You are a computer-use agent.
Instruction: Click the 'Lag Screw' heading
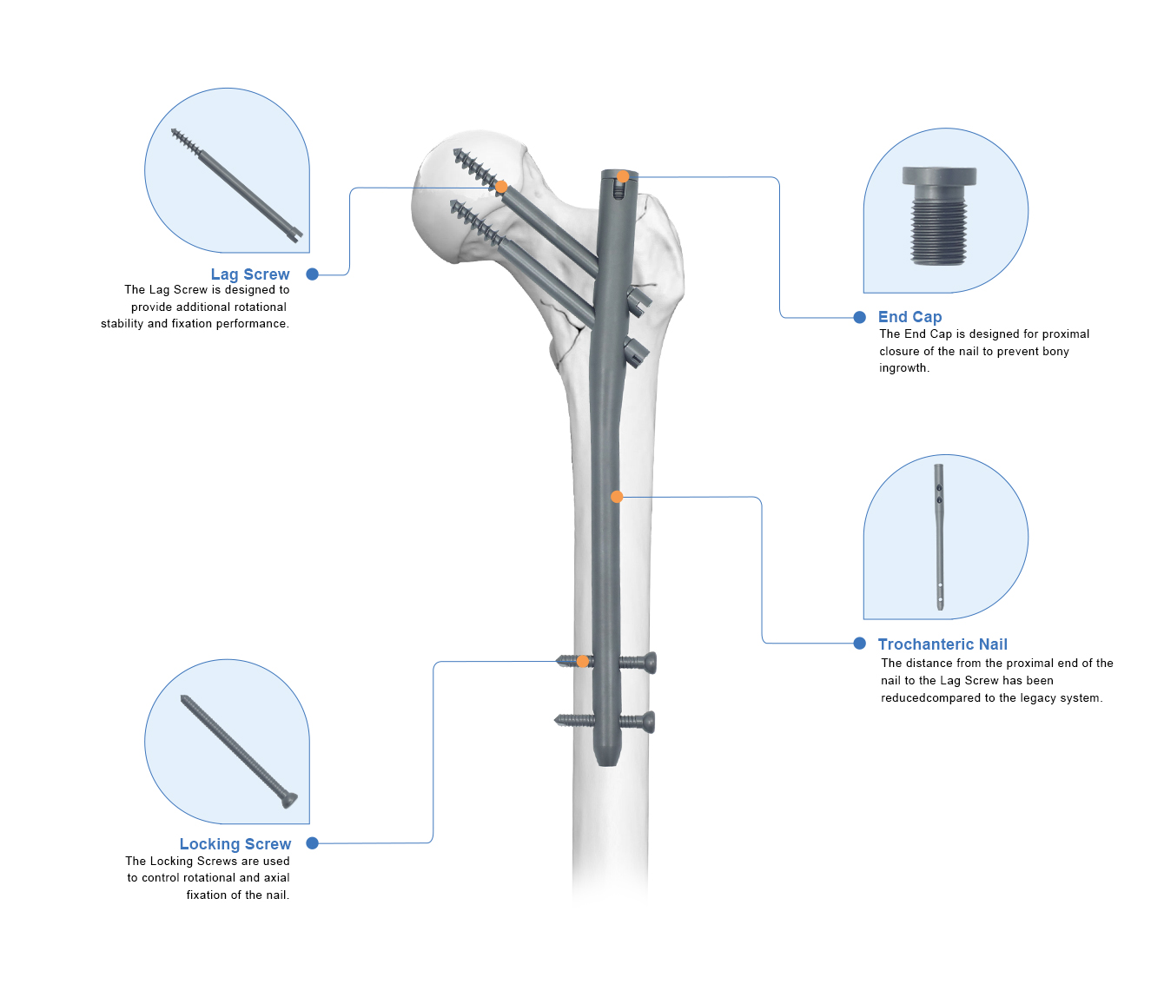pyautogui.click(x=250, y=274)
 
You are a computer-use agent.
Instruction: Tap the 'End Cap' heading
pyautogui.click(x=909, y=317)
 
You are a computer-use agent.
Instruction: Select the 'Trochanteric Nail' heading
pyautogui.click(x=942, y=644)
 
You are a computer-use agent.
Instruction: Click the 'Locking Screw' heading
pyautogui.click(x=235, y=843)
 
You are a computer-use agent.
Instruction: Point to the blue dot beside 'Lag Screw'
pyautogui.click(x=312, y=274)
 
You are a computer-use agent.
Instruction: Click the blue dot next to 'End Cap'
pyautogui.click(x=859, y=317)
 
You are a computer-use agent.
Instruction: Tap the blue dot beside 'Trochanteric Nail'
pyautogui.click(x=859, y=643)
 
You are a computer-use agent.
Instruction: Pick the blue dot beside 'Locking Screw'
pyautogui.click(x=312, y=843)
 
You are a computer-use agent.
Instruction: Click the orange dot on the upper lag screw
pyautogui.click(x=500, y=187)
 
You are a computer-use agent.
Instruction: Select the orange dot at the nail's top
pyautogui.click(x=622, y=177)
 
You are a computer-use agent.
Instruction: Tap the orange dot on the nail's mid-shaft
pyautogui.click(x=617, y=497)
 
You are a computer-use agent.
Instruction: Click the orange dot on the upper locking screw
pyautogui.click(x=583, y=662)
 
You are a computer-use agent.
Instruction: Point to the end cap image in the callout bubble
pyautogui.click(x=939, y=216)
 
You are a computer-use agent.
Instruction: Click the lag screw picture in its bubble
pyautogui.click(x=236, y=186)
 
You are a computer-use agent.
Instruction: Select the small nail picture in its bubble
pyautogui.click(x=939, y=537)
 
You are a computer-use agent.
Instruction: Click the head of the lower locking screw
pyautogui.click(x=649, y=722)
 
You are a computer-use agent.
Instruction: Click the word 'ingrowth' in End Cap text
pyautogui.click(x=903, y=368)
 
